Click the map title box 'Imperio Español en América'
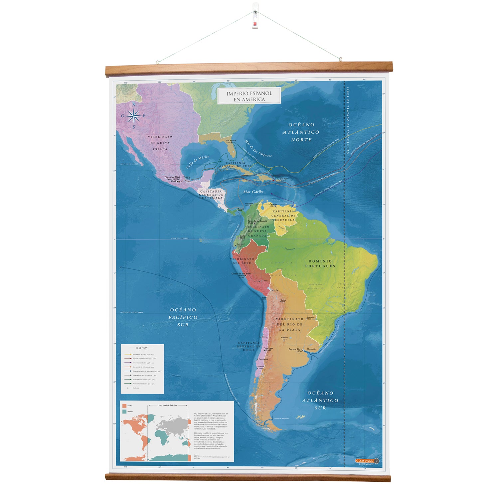click(x=249, y=96)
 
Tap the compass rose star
click(x=133, y=116)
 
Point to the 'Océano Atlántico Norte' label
click(x=301, y=132)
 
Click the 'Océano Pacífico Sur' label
click(x=183, y=317)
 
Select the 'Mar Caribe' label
click(x=253, y=192)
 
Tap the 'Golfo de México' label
click(x=198, y=162)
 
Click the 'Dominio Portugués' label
click(x=320, y=264)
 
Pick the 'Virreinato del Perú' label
click(x=242, y=261)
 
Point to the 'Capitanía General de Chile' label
click(x=249, y=346)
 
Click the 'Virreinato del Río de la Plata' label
click(x=289, y=324)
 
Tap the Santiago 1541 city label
click(x=268, y=349)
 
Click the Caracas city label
click(x=273, y=205)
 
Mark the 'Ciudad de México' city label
click(x=173, y=179)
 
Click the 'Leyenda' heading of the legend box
click(x=142, y=348)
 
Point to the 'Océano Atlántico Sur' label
click(x=320, y=400)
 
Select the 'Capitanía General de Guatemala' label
click(x=211, y=195)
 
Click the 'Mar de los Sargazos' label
click(x=258, y=148)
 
